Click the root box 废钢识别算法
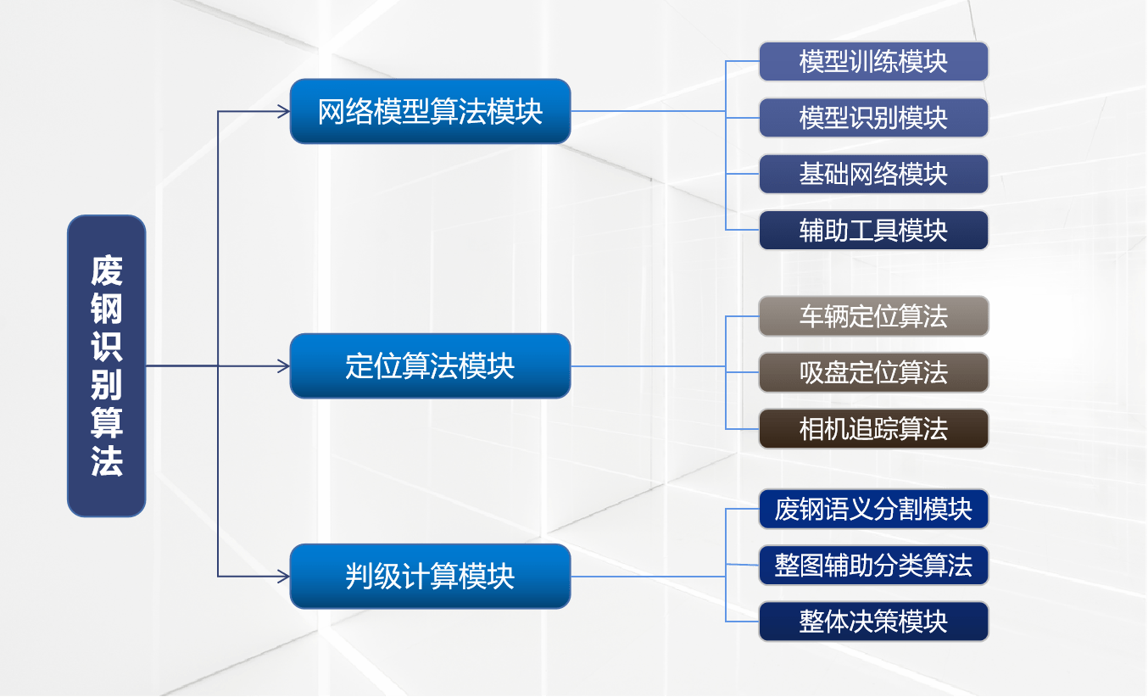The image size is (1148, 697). tap(107, 366)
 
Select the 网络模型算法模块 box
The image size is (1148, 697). tap(431, 111)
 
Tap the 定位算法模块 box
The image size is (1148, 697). tap(431, 366)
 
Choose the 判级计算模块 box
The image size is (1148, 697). tap(431, 576)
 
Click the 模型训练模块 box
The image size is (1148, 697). tap(873, 62)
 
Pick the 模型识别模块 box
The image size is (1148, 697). tap(873, 118)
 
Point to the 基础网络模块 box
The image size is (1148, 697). tap(873, 175)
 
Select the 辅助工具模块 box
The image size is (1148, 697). tap(873, 230)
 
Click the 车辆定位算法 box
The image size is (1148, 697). tap(873, 316)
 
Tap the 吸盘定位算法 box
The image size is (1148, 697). tap(873, 372)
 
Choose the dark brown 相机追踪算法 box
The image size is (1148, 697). tap(873, 429)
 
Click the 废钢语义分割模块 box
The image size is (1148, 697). tap(873, 509)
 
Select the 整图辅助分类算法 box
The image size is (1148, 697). tap(873, 566)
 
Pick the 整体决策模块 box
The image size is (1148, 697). tap(873, 622)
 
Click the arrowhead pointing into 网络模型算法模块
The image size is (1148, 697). tap(284, 111)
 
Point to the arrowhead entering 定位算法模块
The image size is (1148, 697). tap(284, 366)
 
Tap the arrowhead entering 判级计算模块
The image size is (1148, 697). tap(284, 577)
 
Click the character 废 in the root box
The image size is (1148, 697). tap(107, 270)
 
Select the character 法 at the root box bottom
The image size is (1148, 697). tap(107, 460)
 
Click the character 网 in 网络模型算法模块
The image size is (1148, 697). tap(331, 111)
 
